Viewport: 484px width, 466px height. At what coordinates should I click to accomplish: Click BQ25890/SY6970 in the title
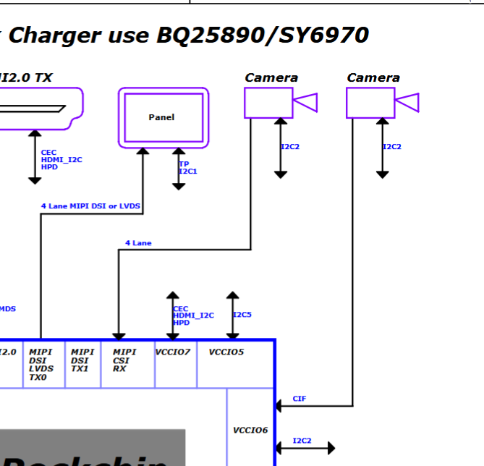(263, 35)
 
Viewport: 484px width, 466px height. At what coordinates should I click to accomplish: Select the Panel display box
(163, 117)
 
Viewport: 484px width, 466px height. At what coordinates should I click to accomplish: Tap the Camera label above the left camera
(271, 77)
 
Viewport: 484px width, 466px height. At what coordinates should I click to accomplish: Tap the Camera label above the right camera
(373, 77)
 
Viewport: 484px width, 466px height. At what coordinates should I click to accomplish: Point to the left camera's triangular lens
(306, 103)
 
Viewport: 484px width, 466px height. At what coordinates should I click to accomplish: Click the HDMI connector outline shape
(40, 109)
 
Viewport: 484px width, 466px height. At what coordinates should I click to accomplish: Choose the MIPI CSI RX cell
(124, 360)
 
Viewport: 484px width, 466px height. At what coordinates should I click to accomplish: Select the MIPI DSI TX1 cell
(82, 360)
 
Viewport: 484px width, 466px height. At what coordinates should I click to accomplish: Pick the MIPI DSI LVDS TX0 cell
(41, 364)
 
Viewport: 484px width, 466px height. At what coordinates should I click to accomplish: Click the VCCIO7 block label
(173, 352)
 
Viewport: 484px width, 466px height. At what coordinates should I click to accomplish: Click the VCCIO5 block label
(226, 352)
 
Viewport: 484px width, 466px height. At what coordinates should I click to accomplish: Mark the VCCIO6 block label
(250, 431)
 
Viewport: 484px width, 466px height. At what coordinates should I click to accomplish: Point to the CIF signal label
(300, 399)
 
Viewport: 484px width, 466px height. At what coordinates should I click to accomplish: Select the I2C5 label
(242, 315)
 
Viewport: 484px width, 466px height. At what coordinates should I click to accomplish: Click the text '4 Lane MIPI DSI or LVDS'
(90, 206)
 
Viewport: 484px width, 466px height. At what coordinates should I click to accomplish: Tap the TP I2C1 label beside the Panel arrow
(188, 168)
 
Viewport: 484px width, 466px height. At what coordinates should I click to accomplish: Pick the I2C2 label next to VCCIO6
(302, 441)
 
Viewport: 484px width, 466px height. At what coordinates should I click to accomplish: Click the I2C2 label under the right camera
(392, 147)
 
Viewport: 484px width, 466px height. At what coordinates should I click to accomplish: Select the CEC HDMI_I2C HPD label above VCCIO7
(193, 315)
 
